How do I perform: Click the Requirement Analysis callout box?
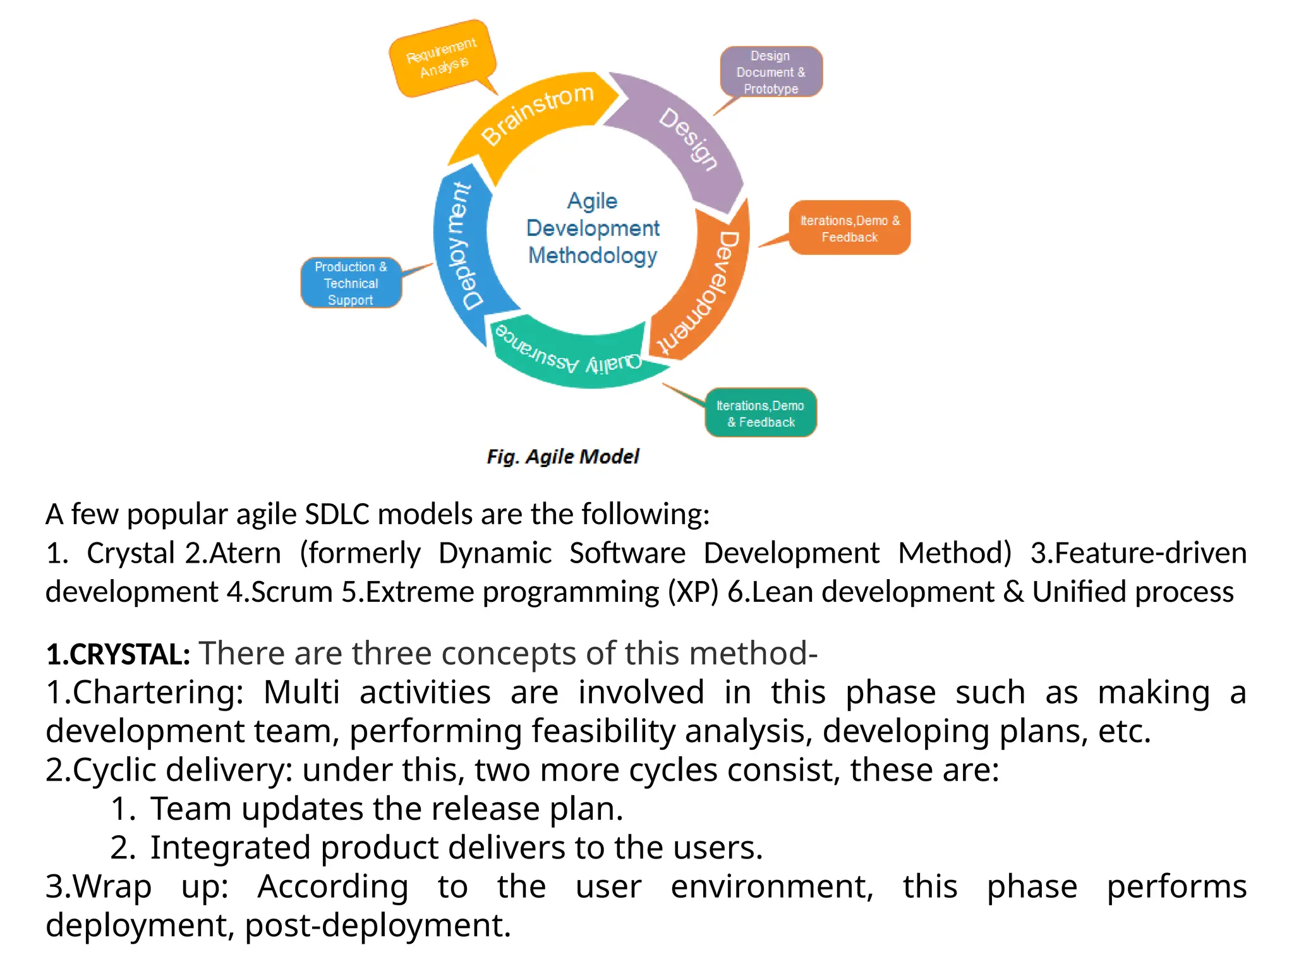[x=442, y=58]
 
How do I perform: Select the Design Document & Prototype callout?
[x=771, y=72]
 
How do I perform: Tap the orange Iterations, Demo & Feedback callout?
[x=850, y=228]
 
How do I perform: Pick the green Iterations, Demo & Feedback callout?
[x=761, y=413]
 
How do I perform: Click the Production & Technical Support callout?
[x=351, y=283]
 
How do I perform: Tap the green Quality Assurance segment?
[x=569, y=354]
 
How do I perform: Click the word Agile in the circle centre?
[x=592, y=201]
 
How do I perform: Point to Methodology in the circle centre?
[x=593, y=255]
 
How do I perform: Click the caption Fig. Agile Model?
[x=563, y=456]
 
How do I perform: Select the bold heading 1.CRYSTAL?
[x=118, y=654]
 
